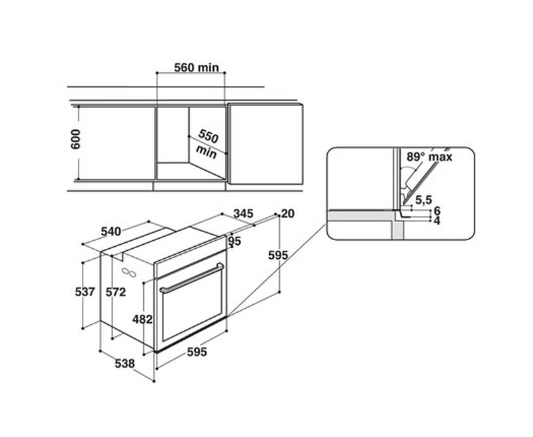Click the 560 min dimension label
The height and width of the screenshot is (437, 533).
(x=197, y=67)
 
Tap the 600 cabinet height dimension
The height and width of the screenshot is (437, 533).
(x=75, y=139)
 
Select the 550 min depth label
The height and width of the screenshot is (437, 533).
(x=207, y=143)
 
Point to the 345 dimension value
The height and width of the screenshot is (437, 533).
(x=243, y=213)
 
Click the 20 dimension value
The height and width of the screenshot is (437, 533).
(x=288, y=213)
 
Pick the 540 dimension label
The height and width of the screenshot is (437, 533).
(x=111, y=232)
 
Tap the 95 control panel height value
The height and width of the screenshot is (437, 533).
(x=235, y=242)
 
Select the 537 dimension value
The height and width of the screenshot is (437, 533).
(x=85, y=292)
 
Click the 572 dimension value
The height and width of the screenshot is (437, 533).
(x=115, y=292)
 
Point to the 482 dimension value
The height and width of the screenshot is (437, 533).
(x=143, y=319)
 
